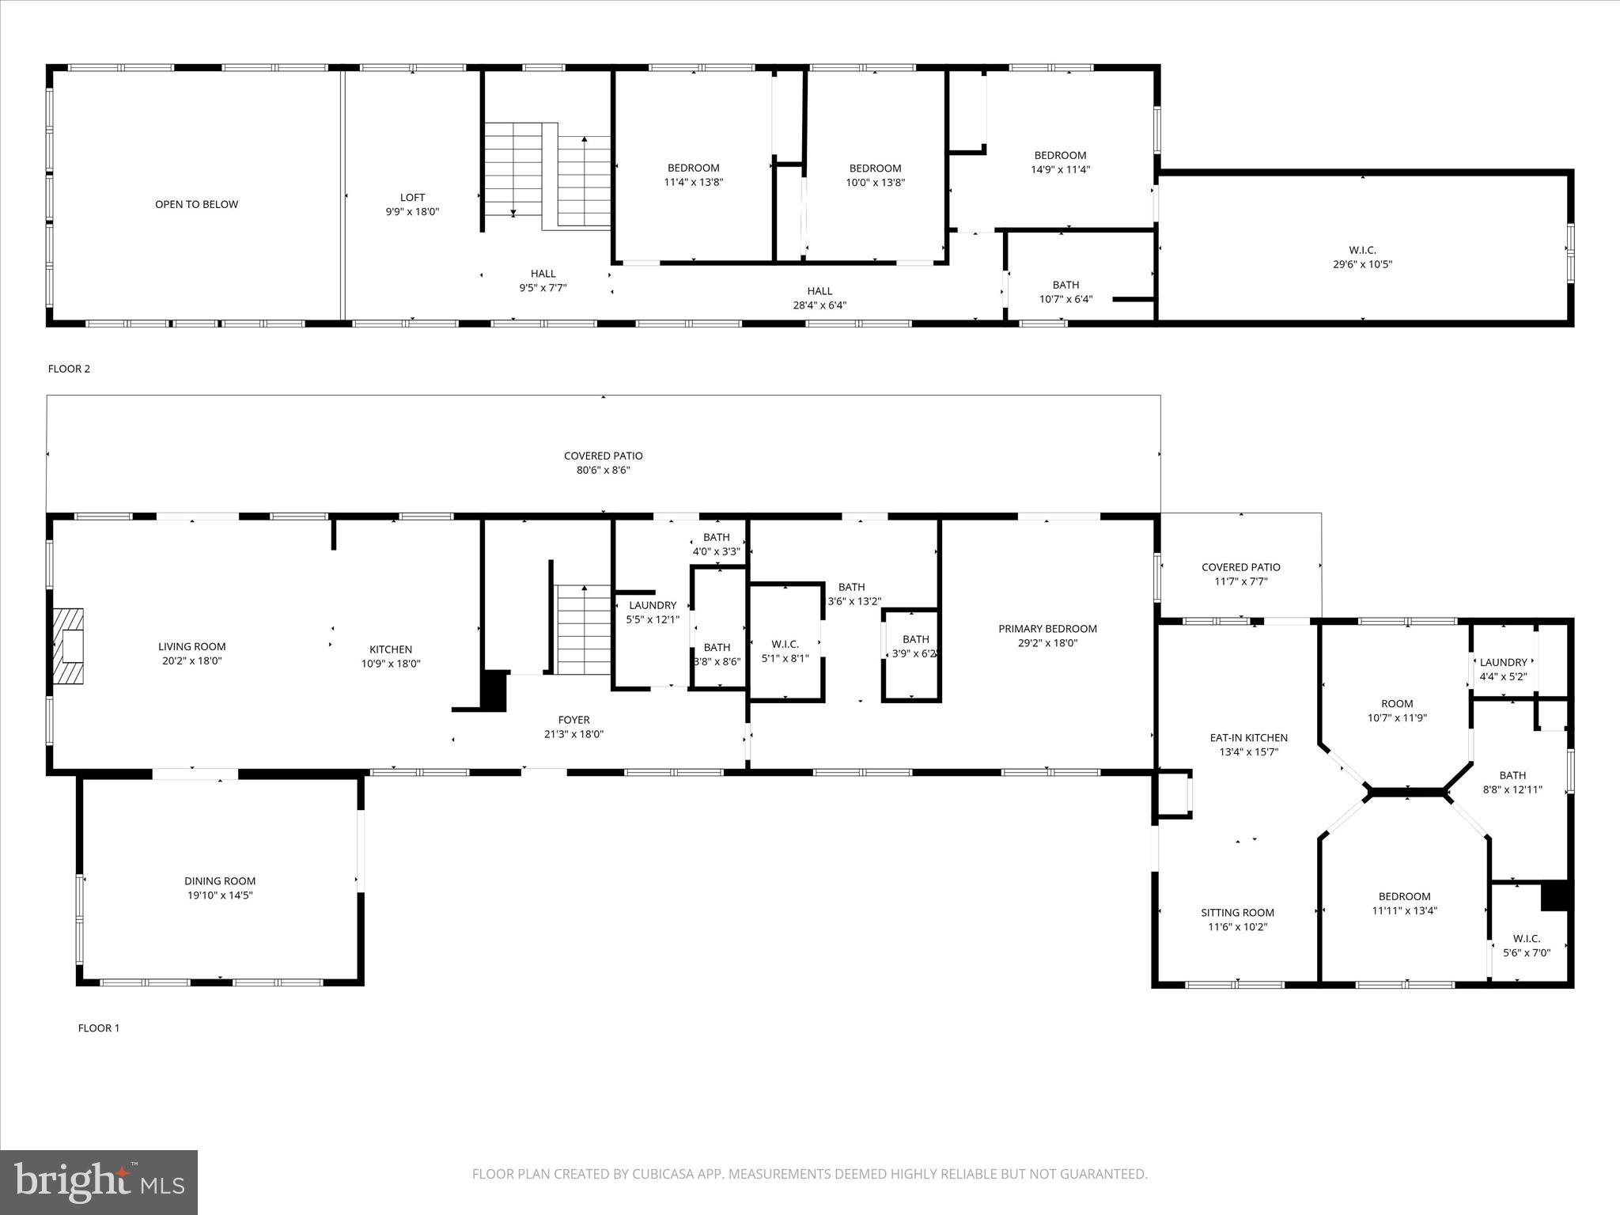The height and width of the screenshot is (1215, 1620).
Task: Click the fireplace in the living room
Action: click(69, 646)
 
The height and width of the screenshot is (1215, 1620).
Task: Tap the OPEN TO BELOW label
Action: click(196, 204)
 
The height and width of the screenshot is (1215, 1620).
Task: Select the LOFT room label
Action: click(412, 198)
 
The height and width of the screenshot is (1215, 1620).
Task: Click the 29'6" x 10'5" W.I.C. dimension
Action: click(1362, 265)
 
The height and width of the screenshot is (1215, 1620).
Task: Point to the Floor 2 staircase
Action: click(547, 175)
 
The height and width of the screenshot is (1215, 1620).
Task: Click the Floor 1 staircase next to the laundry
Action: click(583, 630)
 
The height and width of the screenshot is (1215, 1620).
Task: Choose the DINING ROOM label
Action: click(220, 881)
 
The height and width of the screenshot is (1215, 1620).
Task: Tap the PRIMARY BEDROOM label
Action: click(1047, 629)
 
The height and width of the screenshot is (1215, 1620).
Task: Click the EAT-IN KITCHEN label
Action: click(1248, 738)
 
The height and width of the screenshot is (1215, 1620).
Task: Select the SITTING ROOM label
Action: click(1237, 913)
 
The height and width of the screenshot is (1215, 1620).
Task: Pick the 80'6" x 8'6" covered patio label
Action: click(603, 470)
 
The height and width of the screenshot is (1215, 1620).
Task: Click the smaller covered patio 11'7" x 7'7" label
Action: click(1240, 581)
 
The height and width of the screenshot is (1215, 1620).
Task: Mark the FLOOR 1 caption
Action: click(98, 1028)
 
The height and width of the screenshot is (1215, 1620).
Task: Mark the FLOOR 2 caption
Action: click(69, 369)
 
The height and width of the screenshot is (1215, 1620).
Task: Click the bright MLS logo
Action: click(99, 1182)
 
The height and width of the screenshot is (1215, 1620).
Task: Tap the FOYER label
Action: click(573, 720)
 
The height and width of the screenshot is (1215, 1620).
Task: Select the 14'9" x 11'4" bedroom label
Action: click(1060, 169)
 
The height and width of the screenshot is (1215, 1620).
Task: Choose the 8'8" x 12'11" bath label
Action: click(1512, 789)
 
